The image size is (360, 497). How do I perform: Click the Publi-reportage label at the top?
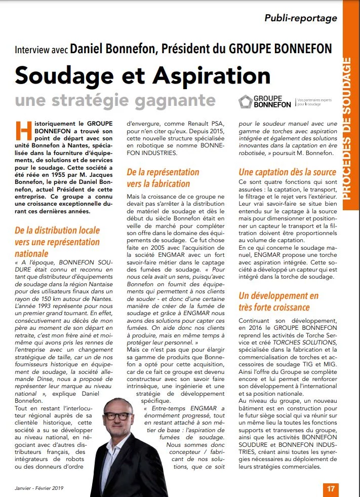(300, 18)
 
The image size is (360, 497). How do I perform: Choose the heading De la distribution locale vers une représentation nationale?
(57, 241)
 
